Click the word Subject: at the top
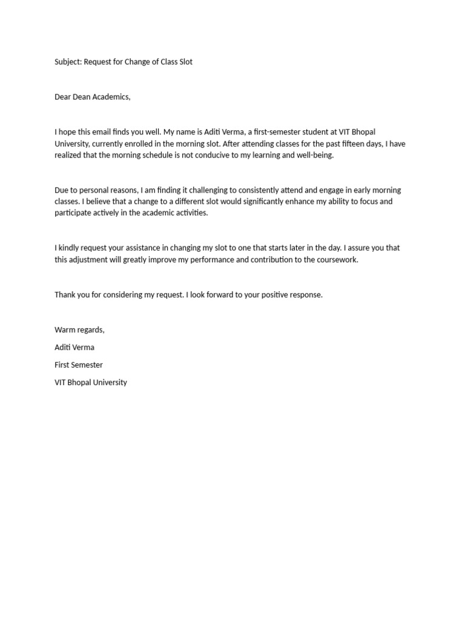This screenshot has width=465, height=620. tap(68, 62)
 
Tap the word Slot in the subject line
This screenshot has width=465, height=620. tap(185, 62)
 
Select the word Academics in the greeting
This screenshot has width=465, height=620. tap(111, 97)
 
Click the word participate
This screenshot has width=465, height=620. tap(74, 213)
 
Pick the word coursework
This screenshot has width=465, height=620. tap(335, 260)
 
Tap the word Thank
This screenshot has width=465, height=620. tap(65, 295)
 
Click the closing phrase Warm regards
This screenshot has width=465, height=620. tap(79, 330)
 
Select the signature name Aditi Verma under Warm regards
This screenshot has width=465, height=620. tap(74, 348)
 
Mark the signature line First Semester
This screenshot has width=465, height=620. tap(79, 365)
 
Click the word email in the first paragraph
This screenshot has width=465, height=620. tap(113, 132)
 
